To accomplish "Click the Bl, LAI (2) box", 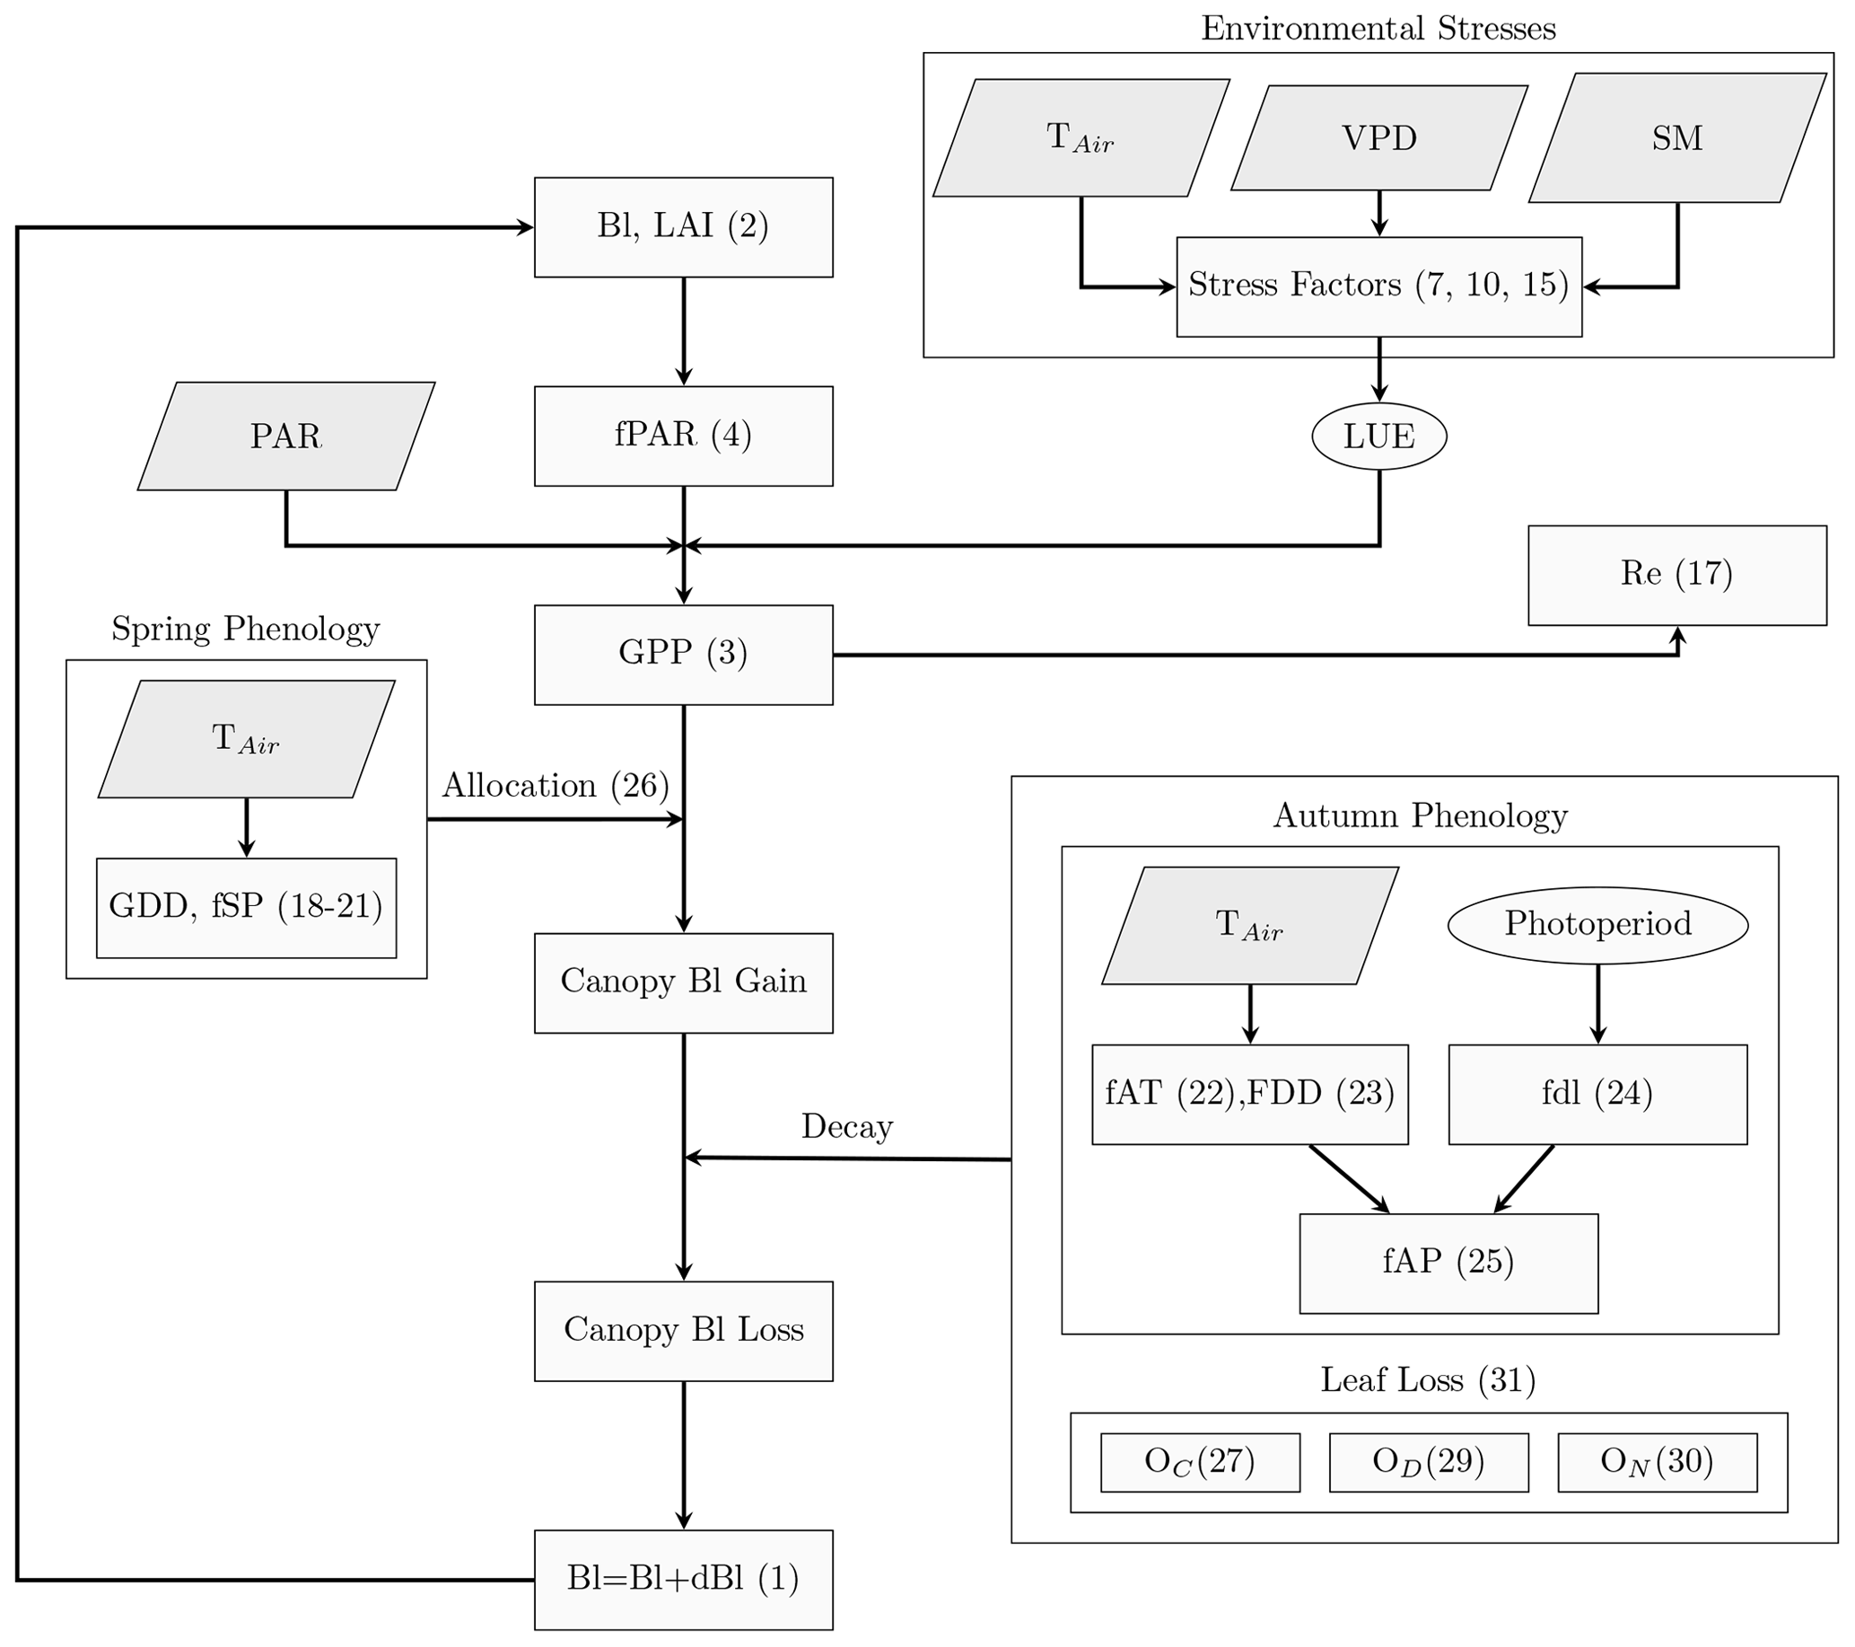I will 682,227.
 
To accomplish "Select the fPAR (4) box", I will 682,436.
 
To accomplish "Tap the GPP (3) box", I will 682,655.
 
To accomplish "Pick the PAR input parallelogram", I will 286,436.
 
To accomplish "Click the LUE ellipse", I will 1378,436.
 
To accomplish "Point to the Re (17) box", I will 1676,575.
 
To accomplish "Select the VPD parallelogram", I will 1378,138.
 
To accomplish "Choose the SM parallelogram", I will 1676,138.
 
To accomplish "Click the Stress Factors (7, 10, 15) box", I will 1378,286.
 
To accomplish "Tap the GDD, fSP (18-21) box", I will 246,907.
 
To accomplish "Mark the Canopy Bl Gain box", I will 682,982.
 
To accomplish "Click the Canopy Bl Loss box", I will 682,1331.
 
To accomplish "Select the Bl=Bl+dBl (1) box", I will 682,1580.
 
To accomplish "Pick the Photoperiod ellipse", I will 1597,924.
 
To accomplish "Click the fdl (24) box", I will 1597,1094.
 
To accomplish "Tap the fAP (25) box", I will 1448,1263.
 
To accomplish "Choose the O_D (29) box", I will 1429,1462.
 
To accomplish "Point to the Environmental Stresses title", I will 1378,29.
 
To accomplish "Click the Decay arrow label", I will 846,1128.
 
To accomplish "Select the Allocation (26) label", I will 556,787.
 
